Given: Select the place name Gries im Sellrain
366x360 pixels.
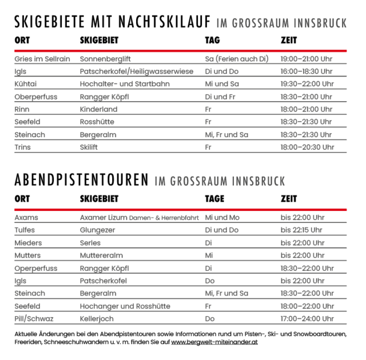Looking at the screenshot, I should [40, 59].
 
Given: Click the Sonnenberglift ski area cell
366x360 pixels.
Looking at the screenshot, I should [105, 59].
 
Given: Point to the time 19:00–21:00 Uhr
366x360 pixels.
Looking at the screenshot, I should [306, 59].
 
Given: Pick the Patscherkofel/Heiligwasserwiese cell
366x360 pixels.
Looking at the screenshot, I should [137, 71].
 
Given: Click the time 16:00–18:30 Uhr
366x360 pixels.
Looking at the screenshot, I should [306, 71].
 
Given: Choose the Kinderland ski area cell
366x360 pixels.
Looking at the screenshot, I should [98, 109].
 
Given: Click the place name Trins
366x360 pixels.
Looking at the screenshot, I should [23, 147].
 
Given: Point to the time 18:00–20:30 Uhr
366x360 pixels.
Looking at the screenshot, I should [307, 147].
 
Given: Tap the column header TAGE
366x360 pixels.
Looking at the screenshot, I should [214, 199].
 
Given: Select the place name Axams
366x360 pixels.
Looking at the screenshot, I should [26, 218].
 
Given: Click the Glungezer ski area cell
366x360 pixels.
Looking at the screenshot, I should [97, 230].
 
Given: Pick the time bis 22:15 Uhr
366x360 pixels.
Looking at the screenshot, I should [302, 230].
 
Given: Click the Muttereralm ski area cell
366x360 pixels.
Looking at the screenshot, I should [101, 255].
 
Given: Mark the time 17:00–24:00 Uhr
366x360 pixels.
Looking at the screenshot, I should [307, 318].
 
